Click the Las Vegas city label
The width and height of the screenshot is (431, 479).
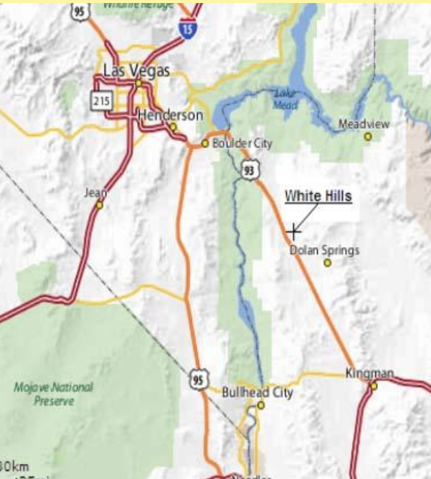(x=136, y=72)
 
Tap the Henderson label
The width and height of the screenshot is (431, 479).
(x=170, y=115)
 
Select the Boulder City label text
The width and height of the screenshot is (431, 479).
(x=242, y=143)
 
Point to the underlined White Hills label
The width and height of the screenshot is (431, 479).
(x=318, y=196)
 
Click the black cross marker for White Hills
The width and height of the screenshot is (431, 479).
(x=294, y=231)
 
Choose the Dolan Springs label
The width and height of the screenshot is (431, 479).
(x=325, y=250)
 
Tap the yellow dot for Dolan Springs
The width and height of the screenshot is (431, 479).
(x=327, y=263)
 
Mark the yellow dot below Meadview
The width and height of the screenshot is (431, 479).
(x=368, y=136)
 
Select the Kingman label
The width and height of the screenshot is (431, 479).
(x=369, y=373)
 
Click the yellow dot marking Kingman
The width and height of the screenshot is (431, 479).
(x=373, y=386)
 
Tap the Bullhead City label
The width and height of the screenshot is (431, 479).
(x=257, y=392)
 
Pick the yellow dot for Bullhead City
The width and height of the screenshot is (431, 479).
(x=261, y=405)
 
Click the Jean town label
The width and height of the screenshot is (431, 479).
(x=96, y=193)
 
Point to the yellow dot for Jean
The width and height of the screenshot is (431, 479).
(x=99, y=204)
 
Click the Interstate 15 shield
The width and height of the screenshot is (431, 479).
(x=188, y=28)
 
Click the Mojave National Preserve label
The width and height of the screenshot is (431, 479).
(x=53, y=394)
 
